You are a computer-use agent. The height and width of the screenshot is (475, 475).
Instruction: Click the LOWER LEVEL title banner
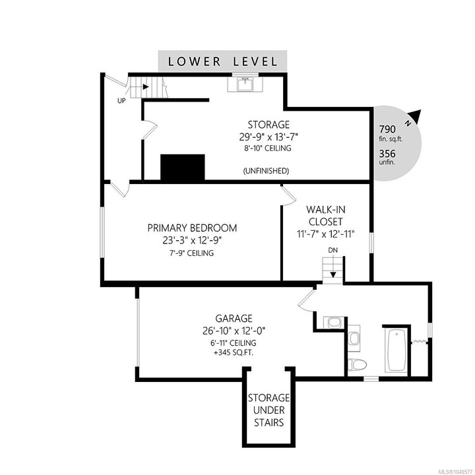pyautogui.click(x=222, y=61)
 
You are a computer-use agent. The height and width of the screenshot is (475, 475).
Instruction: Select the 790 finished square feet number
pyautogui.click(x=387, y=129)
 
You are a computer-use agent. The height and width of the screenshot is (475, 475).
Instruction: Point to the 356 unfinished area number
pyautogui.click(x=387, y=154)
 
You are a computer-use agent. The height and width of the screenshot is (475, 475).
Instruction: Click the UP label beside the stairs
pyautogui.click(x=121, y=101)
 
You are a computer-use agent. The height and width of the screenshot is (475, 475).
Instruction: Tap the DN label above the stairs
pyautogui.click(x=333, y=250)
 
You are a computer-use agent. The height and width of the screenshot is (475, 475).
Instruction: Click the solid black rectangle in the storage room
pyautogui.click(x=183, y=168)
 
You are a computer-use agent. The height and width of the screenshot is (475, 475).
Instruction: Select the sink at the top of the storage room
pyautogui.click(x=245, y=84)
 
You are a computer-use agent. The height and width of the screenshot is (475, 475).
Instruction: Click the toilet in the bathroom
pyautogui.click(x=358, y=365)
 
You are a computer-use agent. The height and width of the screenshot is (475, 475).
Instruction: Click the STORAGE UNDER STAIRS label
pyautogui.click(x=269, y=410)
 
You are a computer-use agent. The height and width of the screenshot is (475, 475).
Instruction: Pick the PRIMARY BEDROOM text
pyautogui.click(x=192, y=228)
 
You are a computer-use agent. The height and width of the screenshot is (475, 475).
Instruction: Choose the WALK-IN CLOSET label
pyautogui.click(x=326, y=215)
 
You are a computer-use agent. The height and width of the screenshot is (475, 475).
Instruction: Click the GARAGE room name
pyautogui.click(x=234, y=319)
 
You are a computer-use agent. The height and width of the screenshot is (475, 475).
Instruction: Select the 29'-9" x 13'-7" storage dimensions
pyautogui.click(x=269, y=137)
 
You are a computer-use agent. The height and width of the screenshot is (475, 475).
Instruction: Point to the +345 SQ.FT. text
pyautogui.click(x=234, y=352)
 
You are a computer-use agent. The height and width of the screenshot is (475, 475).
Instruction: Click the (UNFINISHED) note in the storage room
pyautogui.click(x=267, y=171)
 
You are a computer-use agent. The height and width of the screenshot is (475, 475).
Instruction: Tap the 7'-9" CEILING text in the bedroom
pyautogui.click(x=191, y=253)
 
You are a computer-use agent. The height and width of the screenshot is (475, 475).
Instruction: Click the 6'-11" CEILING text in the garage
pyautogui.click(x=234, y=342)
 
